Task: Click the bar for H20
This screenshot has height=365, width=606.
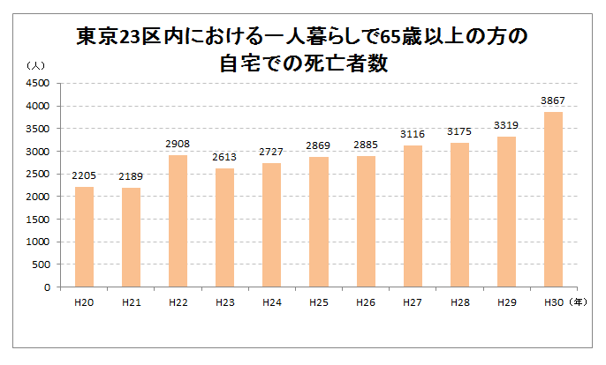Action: (x=84, y=236)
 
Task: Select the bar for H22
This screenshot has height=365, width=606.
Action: (x=178, y=220)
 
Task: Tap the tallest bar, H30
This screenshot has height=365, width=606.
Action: (x=552, y=199)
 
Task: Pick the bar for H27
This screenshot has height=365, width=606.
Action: (x=412, y=216)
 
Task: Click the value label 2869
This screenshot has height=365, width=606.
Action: (x=318, y=146)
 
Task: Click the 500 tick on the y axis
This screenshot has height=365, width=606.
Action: (x=39, y=264)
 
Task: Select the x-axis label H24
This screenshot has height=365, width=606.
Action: (x=271, y=302)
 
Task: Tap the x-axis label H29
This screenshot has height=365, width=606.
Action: (x=505, y=302)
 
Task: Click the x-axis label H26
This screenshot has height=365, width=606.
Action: (x=365, y=302)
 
